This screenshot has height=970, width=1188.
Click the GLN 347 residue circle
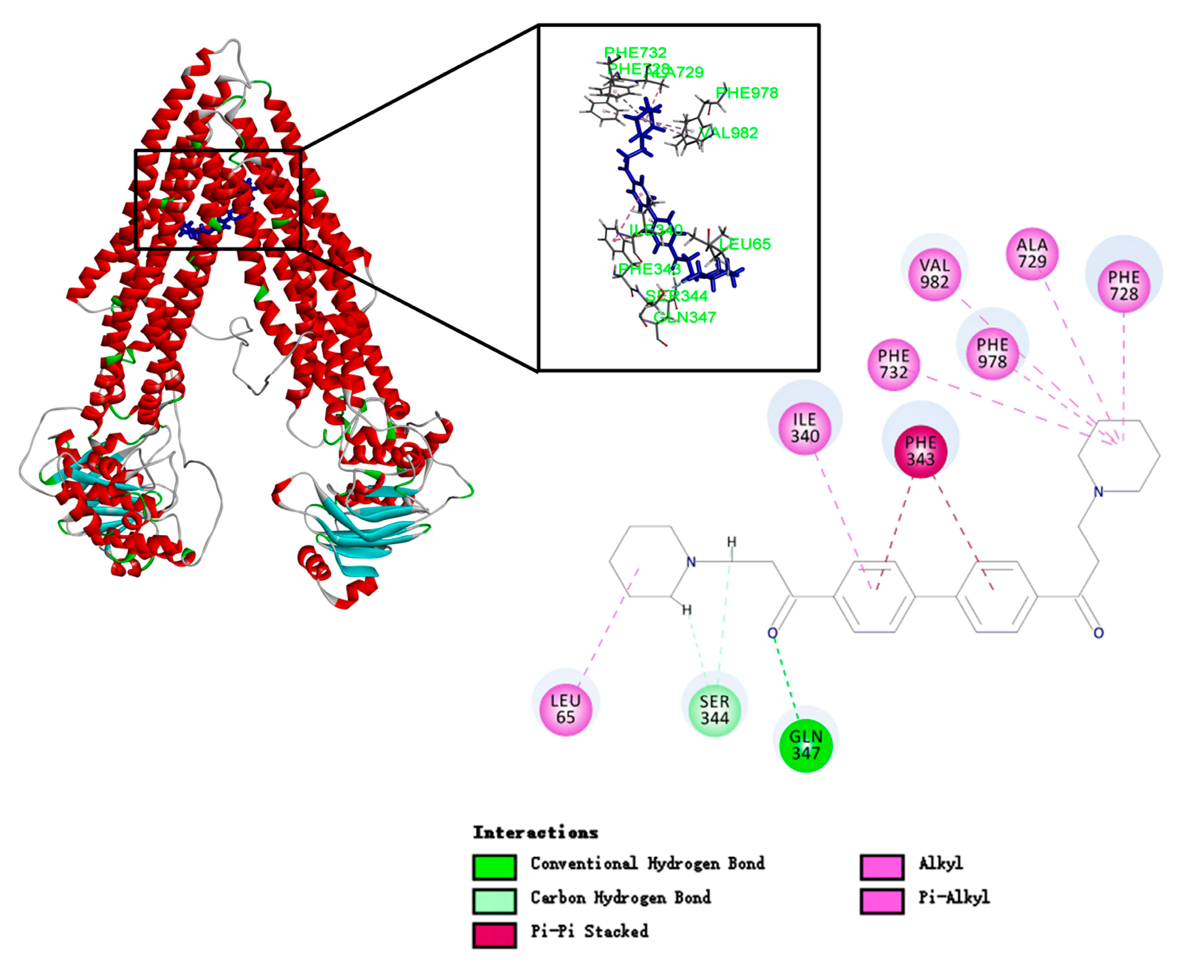tap(806, 745)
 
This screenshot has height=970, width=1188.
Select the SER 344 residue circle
tap(715, 710)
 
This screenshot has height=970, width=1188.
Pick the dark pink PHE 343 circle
tap(920, 451)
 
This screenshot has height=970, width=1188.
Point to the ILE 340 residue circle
tap(805, 428)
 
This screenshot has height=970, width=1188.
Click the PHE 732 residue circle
tap(893, 364)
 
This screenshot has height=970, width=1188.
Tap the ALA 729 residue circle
tap(1032, 253)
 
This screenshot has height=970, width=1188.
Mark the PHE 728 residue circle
tap(1124, 285)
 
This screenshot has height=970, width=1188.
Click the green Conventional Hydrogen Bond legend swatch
tap(494, 866)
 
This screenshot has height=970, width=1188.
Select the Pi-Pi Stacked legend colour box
tap(494, 935)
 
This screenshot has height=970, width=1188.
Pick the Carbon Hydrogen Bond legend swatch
tap(494, 901)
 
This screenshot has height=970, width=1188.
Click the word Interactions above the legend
tap(535, 833)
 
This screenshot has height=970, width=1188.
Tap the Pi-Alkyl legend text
tap(954, 897)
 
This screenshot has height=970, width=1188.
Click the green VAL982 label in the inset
tap(729, 133)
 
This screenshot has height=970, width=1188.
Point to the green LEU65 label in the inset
tap(744, 244)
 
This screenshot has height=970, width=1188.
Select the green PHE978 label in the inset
tap(747, 93)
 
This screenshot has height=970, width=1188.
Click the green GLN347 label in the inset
tap(685, 318)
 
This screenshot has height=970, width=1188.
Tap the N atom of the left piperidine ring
tap(691, 562)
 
